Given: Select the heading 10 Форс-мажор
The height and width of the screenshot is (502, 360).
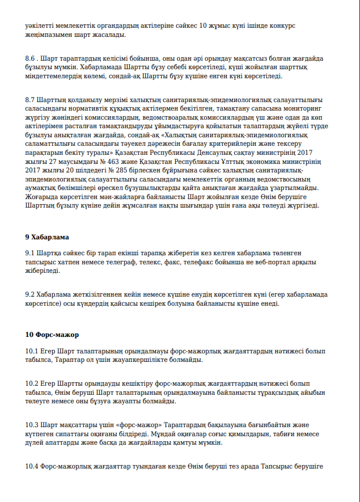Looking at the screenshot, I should [52, 335].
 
